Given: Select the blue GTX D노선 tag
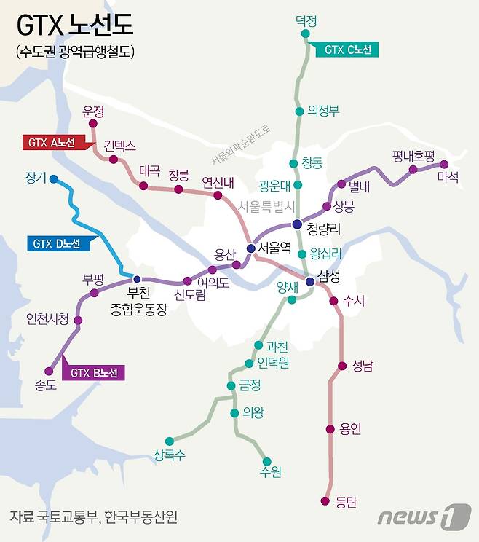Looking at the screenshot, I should tap(58, 243).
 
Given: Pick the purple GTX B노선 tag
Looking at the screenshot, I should tap(92, 373).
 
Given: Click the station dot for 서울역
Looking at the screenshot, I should tap(251, 248).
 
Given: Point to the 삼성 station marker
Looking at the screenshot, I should tap(310, 281).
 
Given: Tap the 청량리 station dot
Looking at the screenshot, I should tap(296, 224).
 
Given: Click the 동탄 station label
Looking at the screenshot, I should tap(346, 501).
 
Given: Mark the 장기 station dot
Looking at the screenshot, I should tap(53, 177).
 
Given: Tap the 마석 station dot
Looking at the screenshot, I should tap(444, 165).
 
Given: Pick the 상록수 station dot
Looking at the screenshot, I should tap(169, 441).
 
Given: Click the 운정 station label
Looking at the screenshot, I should tap(94, 111).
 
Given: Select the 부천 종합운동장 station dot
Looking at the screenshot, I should tap(136, 278).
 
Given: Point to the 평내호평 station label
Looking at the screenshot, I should tap(413, 155).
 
